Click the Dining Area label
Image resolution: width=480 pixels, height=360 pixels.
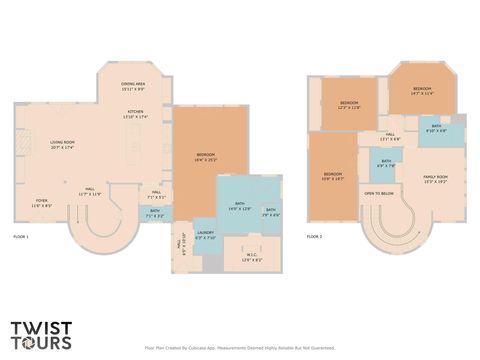point(133,87)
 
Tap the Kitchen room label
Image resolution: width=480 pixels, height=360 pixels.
point(134,114)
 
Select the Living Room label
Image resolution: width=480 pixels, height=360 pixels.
point(63,145)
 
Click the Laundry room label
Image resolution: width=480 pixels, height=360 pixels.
point(204,236)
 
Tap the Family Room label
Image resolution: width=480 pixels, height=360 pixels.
point(435,179)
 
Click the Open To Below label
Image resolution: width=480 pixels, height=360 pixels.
point(378,193)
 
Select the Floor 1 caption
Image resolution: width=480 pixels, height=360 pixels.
point(21,236)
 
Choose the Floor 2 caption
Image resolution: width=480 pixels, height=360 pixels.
point(314,236)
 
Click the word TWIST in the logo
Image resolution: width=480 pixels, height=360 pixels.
point(40,327)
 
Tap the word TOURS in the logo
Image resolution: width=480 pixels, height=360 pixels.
point(40,342)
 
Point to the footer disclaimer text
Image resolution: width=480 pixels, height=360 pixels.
point(239,348)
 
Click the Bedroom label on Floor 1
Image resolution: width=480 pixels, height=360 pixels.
point(206,157)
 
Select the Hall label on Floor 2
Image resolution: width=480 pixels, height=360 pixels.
point(390,136)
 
